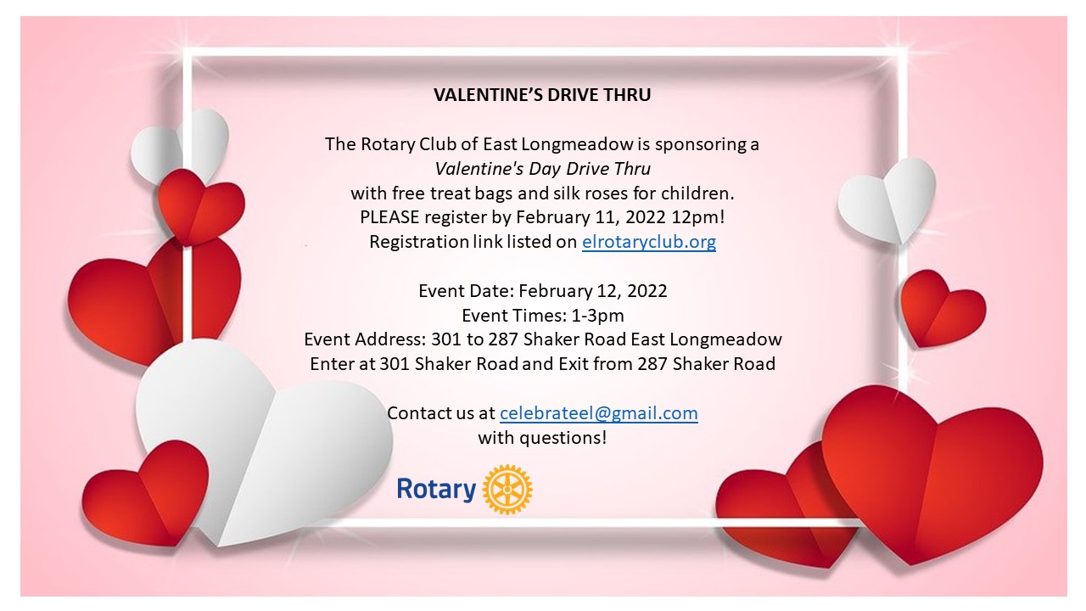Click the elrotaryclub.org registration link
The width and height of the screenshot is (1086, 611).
(649, 242)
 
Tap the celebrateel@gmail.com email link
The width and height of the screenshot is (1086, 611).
(599, 413)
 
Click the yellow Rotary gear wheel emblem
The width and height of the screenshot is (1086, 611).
(507, 489)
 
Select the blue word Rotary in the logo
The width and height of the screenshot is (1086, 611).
(436, 490)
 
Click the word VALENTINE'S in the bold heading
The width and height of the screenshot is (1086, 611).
(488, 94)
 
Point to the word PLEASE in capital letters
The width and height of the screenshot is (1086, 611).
(389, 216)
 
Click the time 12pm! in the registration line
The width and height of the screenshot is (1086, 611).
(698, 217)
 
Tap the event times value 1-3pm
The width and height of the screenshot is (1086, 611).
(598, 316)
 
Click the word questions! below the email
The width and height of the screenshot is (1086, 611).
(563, 438)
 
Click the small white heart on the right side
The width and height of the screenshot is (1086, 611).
(887, 200)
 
